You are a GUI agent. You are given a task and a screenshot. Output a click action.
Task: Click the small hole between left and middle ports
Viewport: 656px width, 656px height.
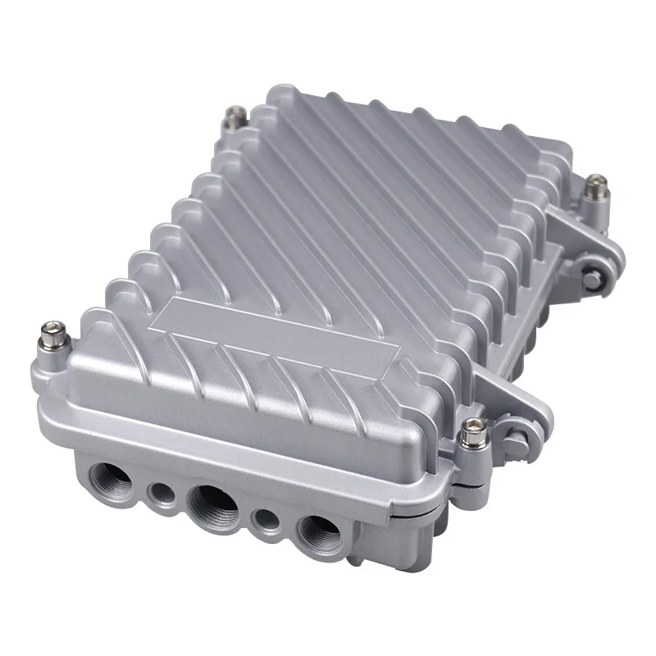click(157, 492)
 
